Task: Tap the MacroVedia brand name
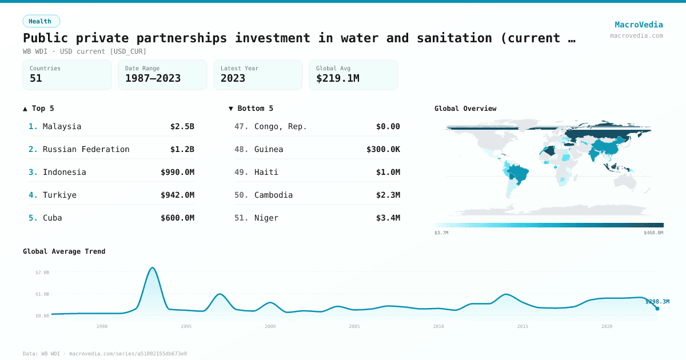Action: [x=639, y=25]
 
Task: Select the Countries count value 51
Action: [x=36, y=78]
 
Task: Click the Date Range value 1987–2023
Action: [x=153, y=78]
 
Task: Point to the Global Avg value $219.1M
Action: [x=337, y=78]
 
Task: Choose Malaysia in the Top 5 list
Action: [x=62, y=126]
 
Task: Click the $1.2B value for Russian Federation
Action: [x=182, y=149]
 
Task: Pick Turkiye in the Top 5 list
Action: [x=59, y=195]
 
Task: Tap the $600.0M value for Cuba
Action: [x=177, y=218]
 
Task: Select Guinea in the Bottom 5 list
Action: [x=269, y=149]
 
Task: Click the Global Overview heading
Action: [x=465, y=109]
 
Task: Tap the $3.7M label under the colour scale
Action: [x=441, y=233]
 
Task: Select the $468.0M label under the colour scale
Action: [x=653, y=233]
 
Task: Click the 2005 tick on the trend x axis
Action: [x=354, y=326]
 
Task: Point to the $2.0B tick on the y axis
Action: [x=42, y=273]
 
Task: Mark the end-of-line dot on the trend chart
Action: [x=657, y=309]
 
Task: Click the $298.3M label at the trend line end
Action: [x=657, y=301]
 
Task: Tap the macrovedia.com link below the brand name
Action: [x=636, y=35]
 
